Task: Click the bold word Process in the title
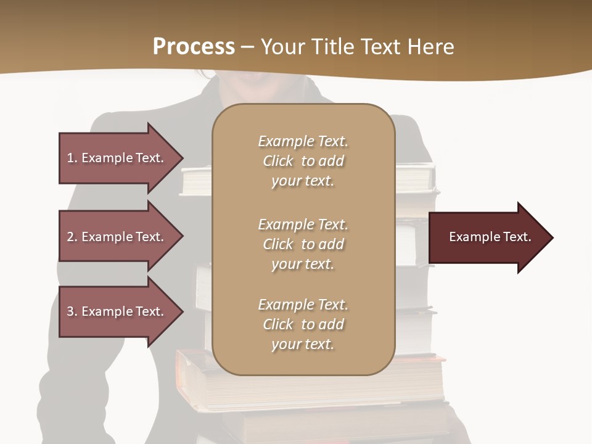(x=194, y=46)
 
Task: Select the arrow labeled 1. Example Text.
(x=117, y=158)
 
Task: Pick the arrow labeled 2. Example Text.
(x=117, y=237)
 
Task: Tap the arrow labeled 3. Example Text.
(x=117, y=311)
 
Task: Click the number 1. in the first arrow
(x=72, y=158)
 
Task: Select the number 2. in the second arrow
(x=72, y=237)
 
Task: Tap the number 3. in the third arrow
(x=72, y=311)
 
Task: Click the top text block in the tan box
(x=303, y=161)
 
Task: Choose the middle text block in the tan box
(x=303, y=244)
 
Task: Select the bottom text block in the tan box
(x=303, y=324)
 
